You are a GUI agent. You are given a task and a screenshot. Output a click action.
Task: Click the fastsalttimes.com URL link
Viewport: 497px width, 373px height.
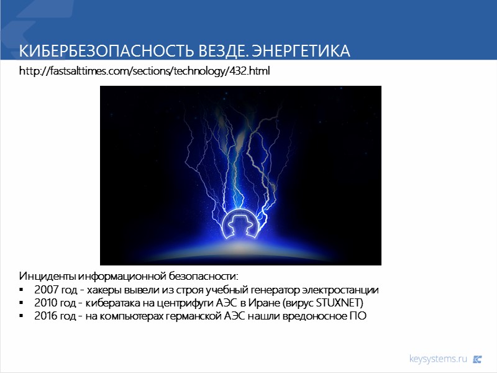(145, 71)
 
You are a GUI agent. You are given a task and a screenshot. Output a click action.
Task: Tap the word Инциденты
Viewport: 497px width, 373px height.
(45, 275)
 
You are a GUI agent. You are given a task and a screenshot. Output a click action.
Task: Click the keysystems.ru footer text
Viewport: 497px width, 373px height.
(438, 359)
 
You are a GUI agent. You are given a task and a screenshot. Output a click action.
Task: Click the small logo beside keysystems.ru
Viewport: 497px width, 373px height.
(477, 359)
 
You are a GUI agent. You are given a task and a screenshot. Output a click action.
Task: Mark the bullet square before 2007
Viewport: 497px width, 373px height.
(22, 290)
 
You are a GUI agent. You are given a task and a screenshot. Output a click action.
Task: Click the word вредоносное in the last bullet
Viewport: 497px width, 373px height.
(317, 316)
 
